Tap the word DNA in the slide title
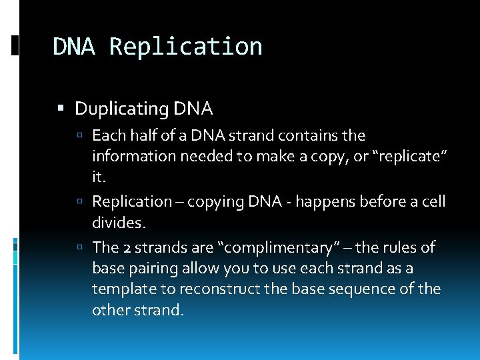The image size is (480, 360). tap(75, 47)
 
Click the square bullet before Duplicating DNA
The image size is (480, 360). tap(61, 108)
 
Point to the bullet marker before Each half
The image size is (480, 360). tap(80, 136)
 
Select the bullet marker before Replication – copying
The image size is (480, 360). tap(80, 201)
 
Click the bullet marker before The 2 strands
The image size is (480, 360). tap(80, 247)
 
